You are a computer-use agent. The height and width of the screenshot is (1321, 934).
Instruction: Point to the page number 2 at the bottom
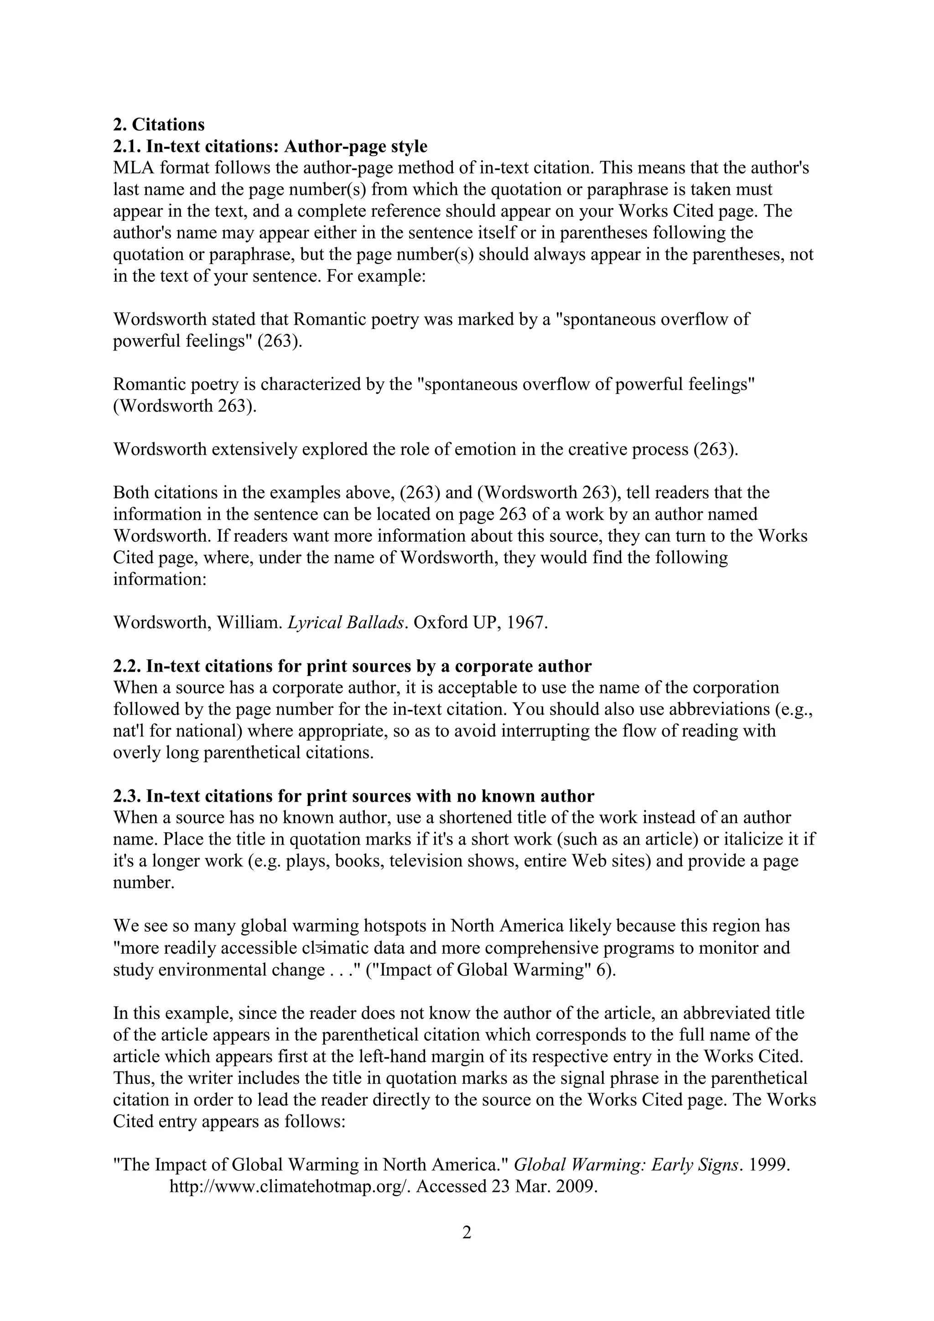point(467,1248)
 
